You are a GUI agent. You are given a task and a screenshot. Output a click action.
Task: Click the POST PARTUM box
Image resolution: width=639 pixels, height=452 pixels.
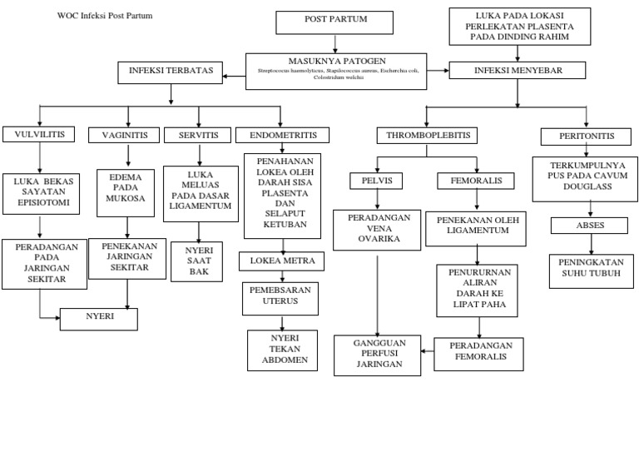click(334, 22)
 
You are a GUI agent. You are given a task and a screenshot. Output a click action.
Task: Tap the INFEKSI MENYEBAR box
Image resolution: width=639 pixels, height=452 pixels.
click(520, 70)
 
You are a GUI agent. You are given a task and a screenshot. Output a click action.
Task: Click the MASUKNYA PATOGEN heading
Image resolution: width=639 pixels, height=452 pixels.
click(335, 62)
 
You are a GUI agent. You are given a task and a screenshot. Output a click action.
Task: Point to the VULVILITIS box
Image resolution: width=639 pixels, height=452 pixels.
click(40, 134)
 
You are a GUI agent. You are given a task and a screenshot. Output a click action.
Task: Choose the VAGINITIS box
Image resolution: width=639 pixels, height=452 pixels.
click(126, 135)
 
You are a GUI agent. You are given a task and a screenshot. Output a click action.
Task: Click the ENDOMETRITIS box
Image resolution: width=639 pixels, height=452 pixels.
click(282, 135)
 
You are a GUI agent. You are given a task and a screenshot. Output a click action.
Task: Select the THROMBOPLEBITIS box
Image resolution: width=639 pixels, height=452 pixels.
click(428, 135)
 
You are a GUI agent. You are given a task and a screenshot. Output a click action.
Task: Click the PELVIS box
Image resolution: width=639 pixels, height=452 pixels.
click(376, 181)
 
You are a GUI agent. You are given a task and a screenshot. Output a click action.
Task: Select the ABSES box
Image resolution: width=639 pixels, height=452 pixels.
click(590, 226)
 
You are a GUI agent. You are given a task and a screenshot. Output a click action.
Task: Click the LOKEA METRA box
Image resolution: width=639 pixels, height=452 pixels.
click(281, 261)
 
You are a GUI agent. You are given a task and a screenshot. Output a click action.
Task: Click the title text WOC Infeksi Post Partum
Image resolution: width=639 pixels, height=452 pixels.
click(104, 16)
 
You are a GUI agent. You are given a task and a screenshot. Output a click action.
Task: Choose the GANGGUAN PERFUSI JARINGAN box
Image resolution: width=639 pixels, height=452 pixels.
click(379, 354)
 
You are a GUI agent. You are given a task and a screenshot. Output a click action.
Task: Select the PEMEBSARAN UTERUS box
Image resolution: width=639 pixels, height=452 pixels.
click(281, 299)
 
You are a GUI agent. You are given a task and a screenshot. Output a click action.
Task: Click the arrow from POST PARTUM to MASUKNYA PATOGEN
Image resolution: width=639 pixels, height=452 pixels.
click(334, 43)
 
